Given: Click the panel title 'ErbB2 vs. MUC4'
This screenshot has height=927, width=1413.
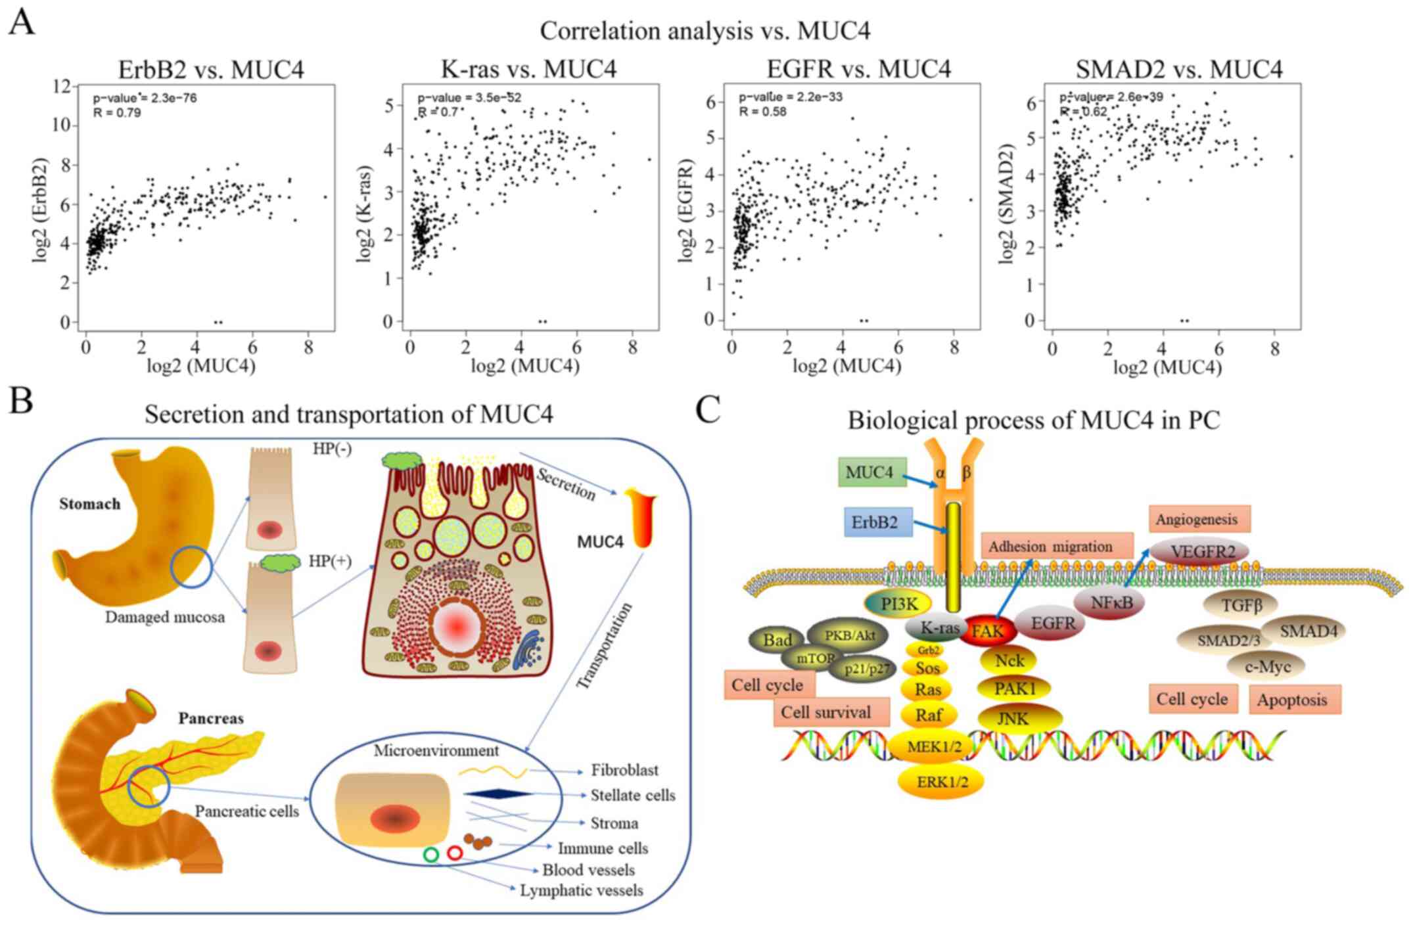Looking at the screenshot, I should click(x=211, y=69).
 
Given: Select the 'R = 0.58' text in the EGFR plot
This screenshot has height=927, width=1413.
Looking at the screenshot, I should click(x=762, y=112).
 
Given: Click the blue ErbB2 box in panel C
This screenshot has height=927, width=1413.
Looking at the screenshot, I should click(x=877, y=522).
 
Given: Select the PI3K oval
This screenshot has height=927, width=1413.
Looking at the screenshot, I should click(x=898, y=604).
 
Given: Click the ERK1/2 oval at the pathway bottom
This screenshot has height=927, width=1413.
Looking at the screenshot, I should click(x=940, y=780).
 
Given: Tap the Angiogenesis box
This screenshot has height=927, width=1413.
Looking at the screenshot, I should click(x=1199, y=519).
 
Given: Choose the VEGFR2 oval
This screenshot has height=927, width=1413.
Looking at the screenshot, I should click(x=1199, y=551).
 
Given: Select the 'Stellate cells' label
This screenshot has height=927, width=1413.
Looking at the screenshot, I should click(x=632, y=795).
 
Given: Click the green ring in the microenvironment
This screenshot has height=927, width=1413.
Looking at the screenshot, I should click(x=431, y=854).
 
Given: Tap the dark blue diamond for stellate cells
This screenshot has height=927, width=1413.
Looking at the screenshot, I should click(x=498, y=794).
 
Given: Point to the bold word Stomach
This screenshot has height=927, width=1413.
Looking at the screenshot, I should click(x=90, y=504).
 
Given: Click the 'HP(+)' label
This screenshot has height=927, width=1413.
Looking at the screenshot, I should click(x=330, y=561).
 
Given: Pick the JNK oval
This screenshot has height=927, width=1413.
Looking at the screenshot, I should click(x=1013, y=718).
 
